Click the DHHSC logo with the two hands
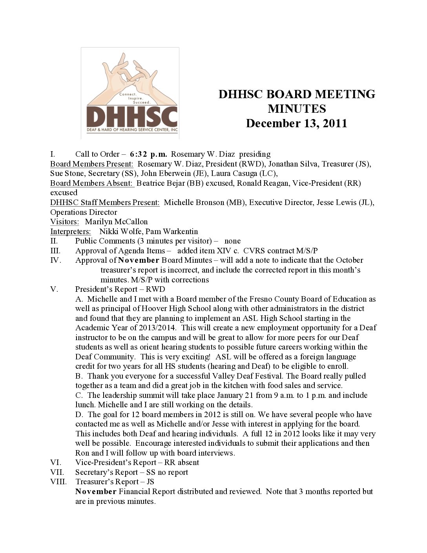tap(130, 93)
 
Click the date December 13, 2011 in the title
tap(296, 123)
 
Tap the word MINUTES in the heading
tap(296, 109)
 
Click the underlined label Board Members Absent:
tap(92, 183)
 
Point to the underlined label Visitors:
tap(64, 222)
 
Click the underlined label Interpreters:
tap(70, 231)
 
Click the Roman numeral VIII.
tap(58, 482)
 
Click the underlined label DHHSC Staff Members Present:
tap(105, 202)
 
